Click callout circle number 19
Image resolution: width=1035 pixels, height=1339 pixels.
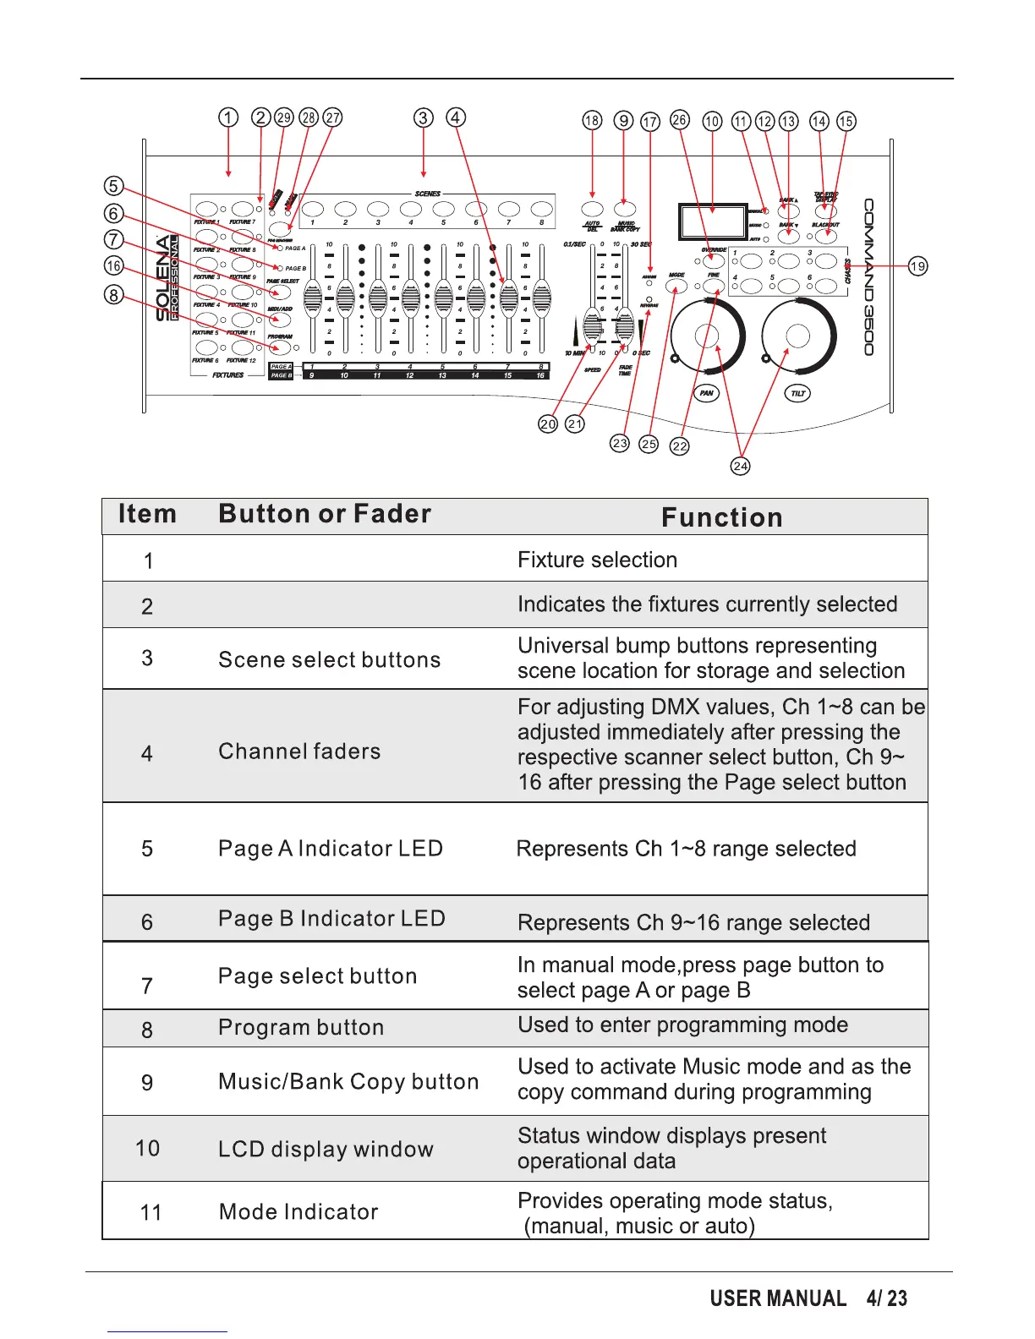pyautogui.click(x=917, y=266)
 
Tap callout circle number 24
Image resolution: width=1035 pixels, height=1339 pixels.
pyautogui.click(x=740, y=466)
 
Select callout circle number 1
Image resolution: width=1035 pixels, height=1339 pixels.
pyautogui.click(x=228, y=118)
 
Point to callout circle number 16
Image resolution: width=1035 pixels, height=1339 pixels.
pyautogui.click(x=113, y=266)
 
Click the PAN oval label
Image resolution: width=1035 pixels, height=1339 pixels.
pyautogui.click(x=707, y=393)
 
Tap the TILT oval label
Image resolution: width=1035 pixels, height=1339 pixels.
pyautogui.click(x=797, y=393)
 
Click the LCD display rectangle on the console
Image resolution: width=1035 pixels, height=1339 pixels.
pyautogui.click(x=711, y=221)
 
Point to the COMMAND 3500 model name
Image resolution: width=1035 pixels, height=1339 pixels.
pyautogui.click(x=868, y=277)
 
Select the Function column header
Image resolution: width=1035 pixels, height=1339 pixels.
pyautogui.click(x=722, y=517)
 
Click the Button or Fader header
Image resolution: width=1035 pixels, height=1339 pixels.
pyautogui.click(x=325, y=514)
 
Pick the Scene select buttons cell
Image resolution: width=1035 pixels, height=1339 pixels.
pyautogui.click(x=329, y=659)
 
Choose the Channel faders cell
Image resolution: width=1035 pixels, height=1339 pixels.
pyautogui.click(x=299, y=751)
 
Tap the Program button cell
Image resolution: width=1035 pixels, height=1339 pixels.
pyautogui.click(x=301, y=1027)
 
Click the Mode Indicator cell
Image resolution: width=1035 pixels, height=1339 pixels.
pyautogui.click(x=298, y=1211)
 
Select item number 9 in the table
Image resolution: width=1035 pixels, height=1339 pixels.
pyautogui.click(x=147, y=1083)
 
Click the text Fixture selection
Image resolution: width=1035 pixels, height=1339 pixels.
pyautogui.click(x=597, y=560)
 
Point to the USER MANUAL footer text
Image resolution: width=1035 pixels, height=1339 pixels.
pyautogui.click(x=778, y=1298)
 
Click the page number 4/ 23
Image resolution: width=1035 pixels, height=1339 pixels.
pyautogui.click(x=886, y=1298)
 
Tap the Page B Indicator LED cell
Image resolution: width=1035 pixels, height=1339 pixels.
pyautogui.click(x=331, y=918)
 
